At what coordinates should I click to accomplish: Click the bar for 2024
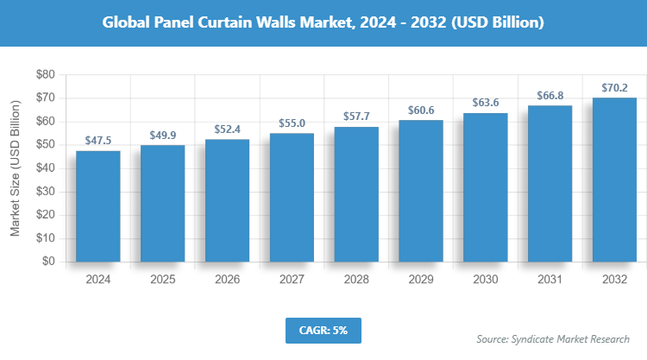click(97, 205)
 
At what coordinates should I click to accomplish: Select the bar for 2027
click(292, 197)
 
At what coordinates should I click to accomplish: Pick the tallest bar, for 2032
click(615, 179)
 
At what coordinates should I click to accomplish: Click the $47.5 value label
click(97, 140)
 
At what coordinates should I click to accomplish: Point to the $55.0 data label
click(292, 123)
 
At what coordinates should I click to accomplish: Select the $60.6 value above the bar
click(421, 111)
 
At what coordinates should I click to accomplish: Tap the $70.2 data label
click(615, 87)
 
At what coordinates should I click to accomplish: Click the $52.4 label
click(227, 129)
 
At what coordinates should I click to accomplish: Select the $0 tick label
click(48, 261)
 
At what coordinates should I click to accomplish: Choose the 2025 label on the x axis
click(162, 280)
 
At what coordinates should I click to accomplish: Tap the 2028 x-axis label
click(356, 280)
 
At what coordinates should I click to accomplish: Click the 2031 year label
click(550, 280)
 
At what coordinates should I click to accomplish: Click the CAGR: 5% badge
click(323, 330)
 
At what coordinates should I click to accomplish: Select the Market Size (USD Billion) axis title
click(15, 168)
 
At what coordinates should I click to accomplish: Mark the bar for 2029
click(421, 190)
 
